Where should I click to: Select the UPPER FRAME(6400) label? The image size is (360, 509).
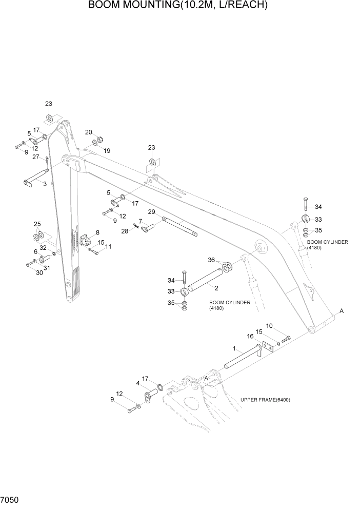[265, 400]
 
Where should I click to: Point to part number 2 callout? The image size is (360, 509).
[216, 288]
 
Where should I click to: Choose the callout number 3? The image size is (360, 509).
[45, 184]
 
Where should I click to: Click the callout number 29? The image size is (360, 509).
[151, 212]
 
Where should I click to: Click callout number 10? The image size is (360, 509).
[269, 325]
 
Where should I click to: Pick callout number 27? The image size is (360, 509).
[36, 157]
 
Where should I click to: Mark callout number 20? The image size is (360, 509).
[88, 132]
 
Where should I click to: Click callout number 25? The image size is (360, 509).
[37, 224]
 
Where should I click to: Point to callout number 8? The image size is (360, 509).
[97, 232]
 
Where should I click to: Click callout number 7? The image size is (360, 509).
[139, 221]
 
